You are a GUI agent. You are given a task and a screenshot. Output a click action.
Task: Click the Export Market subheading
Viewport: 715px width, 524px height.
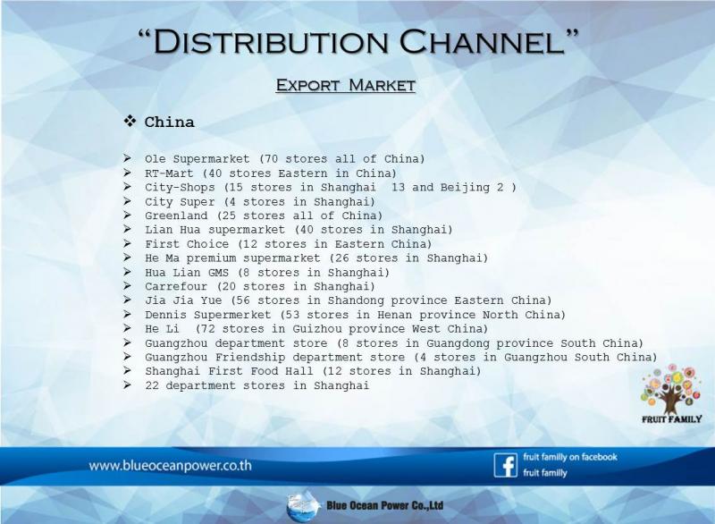(x=345, y=85)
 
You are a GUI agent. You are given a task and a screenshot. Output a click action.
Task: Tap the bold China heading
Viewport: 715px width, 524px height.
(x=169, y=123)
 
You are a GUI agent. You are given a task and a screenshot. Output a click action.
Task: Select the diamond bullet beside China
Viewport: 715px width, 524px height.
(x=130, y=122)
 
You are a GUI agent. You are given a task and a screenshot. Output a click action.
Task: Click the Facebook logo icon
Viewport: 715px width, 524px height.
(x=505, y=465)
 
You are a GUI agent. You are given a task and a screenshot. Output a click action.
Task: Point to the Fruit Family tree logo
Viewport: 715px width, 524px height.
(x=671, y=393)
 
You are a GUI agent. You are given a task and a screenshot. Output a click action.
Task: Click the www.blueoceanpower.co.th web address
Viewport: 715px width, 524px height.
(x=170, y=466)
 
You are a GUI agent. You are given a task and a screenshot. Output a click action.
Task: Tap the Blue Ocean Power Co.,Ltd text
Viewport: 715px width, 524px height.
(x=385, y=505)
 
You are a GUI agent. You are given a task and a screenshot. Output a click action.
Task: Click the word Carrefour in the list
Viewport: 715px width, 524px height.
(x=176, y=286)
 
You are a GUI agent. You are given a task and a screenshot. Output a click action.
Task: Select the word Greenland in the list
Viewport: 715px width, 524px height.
(x=176, y=216)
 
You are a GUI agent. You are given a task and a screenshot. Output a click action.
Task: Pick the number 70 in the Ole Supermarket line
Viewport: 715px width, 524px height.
(x=271, y=158)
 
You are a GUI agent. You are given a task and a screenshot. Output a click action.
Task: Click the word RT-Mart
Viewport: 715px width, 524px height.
(x=169, y=173)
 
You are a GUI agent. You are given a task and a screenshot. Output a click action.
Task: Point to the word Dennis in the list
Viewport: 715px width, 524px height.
(x=165, y=315)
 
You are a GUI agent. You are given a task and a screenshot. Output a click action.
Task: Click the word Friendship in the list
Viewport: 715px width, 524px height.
(x=250, y=357)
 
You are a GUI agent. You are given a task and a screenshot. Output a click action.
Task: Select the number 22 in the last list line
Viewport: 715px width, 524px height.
(x=152, y=385)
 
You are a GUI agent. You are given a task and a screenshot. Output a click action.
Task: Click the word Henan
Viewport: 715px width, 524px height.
(x=394, y=315)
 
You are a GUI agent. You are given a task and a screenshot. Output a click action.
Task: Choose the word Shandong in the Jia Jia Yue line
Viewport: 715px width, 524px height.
(x=356, y=300)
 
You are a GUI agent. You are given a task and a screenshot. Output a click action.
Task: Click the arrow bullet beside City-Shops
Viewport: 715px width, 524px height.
(x=127, y=187)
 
